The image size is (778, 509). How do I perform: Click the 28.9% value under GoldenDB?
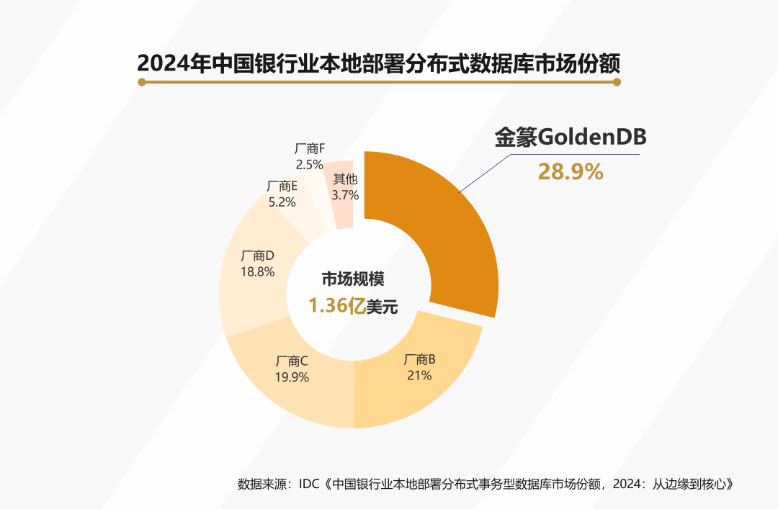click(x=571, y=172)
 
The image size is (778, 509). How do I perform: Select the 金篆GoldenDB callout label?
click(x=571, y=138)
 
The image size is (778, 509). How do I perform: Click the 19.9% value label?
click(x=292, y=377)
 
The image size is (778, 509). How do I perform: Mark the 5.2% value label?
click(x=282, y=202)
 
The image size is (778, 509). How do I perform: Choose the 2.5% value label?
click(x=310, y=165)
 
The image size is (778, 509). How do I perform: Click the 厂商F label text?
click(x=310, y=149)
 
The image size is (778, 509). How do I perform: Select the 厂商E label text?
click(x=282, y=186)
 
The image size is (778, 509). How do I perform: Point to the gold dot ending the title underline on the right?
click(x=617, y=82)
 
